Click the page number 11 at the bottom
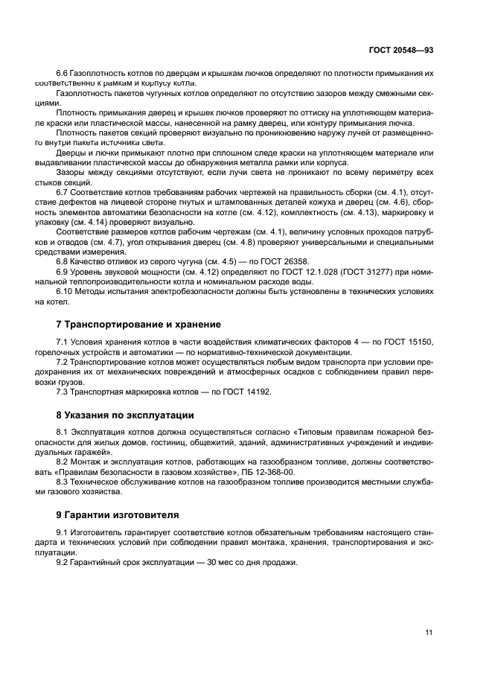point(429,633)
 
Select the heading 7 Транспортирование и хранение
point(138,325)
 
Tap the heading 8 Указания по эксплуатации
point(125,415)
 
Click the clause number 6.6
point(63,74)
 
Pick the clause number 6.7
point(63,193)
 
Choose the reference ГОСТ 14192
point(246,392)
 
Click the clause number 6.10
point(66,292)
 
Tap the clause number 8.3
point(63,482)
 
